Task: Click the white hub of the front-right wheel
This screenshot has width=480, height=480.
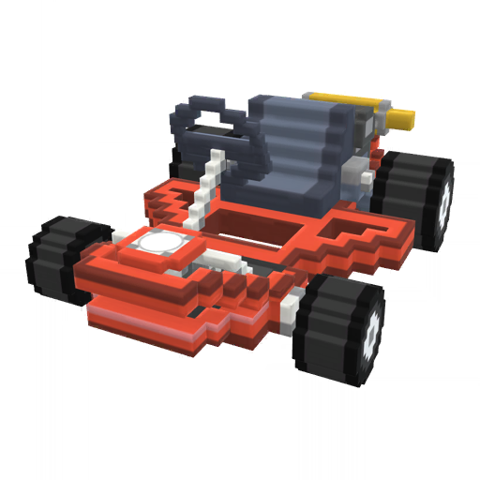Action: click(373, 330)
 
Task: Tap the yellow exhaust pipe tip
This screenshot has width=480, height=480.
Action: click(400, 118)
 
